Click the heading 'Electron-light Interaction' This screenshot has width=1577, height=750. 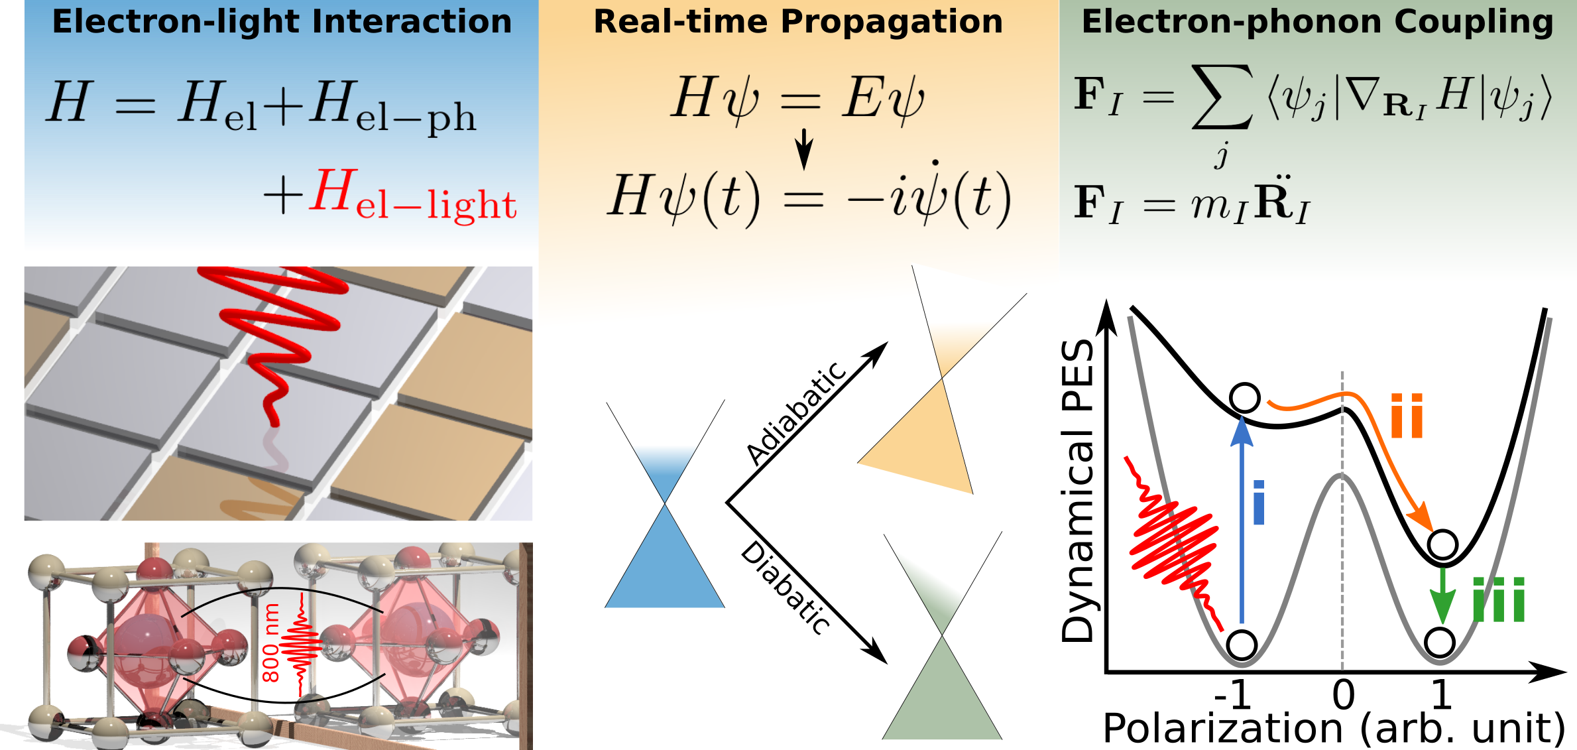click(282, 21)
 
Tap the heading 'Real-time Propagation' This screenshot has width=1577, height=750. click(798, 21)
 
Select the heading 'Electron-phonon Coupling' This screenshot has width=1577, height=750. click(1317, 21)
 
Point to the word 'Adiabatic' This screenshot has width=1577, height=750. click(796, 414)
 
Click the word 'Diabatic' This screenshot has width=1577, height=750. click(786, 588)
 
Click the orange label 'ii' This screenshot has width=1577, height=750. click(1407, 415)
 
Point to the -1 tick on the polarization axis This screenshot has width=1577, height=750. click(1232, 695)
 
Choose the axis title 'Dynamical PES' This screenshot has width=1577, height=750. click(1078, 491)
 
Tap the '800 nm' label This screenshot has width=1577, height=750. click(270, 643)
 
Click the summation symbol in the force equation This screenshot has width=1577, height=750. click(1222, 97)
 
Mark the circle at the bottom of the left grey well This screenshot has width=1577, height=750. click(1242, 644)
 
